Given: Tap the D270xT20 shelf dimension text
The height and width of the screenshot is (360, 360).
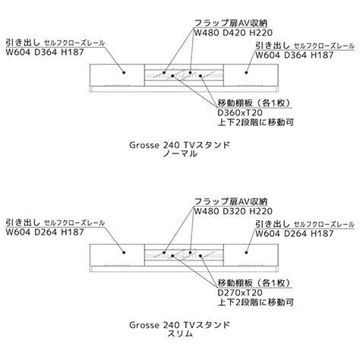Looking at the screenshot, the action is [x=240, y=292].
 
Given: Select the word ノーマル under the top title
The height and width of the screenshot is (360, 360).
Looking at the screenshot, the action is [x=180, y=153].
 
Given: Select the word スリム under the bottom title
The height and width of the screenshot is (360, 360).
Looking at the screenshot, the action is [x=180, y=333].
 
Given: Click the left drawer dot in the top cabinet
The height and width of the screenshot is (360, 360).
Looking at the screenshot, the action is [x=124, y=73].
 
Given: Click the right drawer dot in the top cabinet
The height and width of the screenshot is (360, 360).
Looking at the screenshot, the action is [x=246, y=73].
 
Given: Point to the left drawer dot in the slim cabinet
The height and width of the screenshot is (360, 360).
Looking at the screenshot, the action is [x=124, y=252].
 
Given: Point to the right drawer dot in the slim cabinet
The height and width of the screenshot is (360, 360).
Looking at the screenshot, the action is [x=246, y=252].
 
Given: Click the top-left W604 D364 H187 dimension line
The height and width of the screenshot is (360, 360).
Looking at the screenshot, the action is [x=45, y=52].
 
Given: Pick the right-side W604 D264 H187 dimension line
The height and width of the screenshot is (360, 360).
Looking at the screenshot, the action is [x=294, y=233].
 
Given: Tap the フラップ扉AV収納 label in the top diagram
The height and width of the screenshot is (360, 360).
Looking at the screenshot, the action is [x=231, y=23].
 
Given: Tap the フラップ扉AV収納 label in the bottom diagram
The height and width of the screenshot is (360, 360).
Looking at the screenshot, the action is [x=231, y=201].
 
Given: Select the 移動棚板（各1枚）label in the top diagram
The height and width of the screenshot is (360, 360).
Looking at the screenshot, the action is [x=254, y=103].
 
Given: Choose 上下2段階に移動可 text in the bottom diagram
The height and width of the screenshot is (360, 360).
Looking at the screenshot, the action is [x=256, y=302].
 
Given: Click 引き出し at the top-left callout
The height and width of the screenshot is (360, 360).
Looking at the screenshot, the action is [x=23, y=43].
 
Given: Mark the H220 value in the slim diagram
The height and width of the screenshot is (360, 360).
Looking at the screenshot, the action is [x=261, y=211].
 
